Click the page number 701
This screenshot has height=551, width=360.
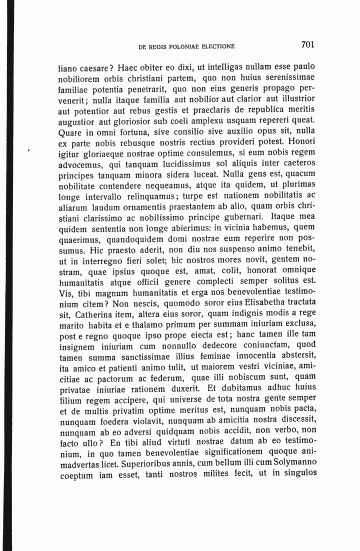[x=307, y=45]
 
